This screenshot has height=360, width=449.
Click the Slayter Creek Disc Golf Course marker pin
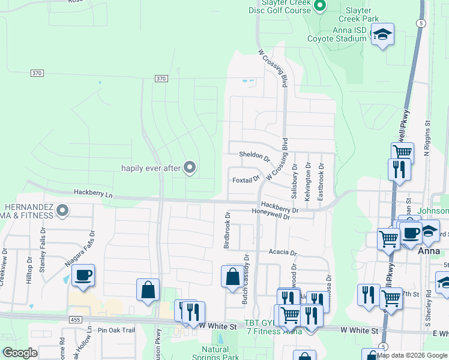(x=320, y=7)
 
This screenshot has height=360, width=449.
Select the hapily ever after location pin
(x=190, y=168)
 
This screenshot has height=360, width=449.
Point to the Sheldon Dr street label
(x=255, y=155)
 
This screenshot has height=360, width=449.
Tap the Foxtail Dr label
(x=246, y=179)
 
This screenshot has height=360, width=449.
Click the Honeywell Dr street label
(x=271, y=217)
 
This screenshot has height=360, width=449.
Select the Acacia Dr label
(x=283, y=253)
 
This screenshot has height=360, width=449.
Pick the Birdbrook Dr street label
(x=227, y=230)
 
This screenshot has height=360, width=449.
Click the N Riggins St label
(x=427, y=138)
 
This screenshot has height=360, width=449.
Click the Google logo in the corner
(x=20, y=353)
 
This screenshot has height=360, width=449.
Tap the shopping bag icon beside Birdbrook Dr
(x=232, y=277)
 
